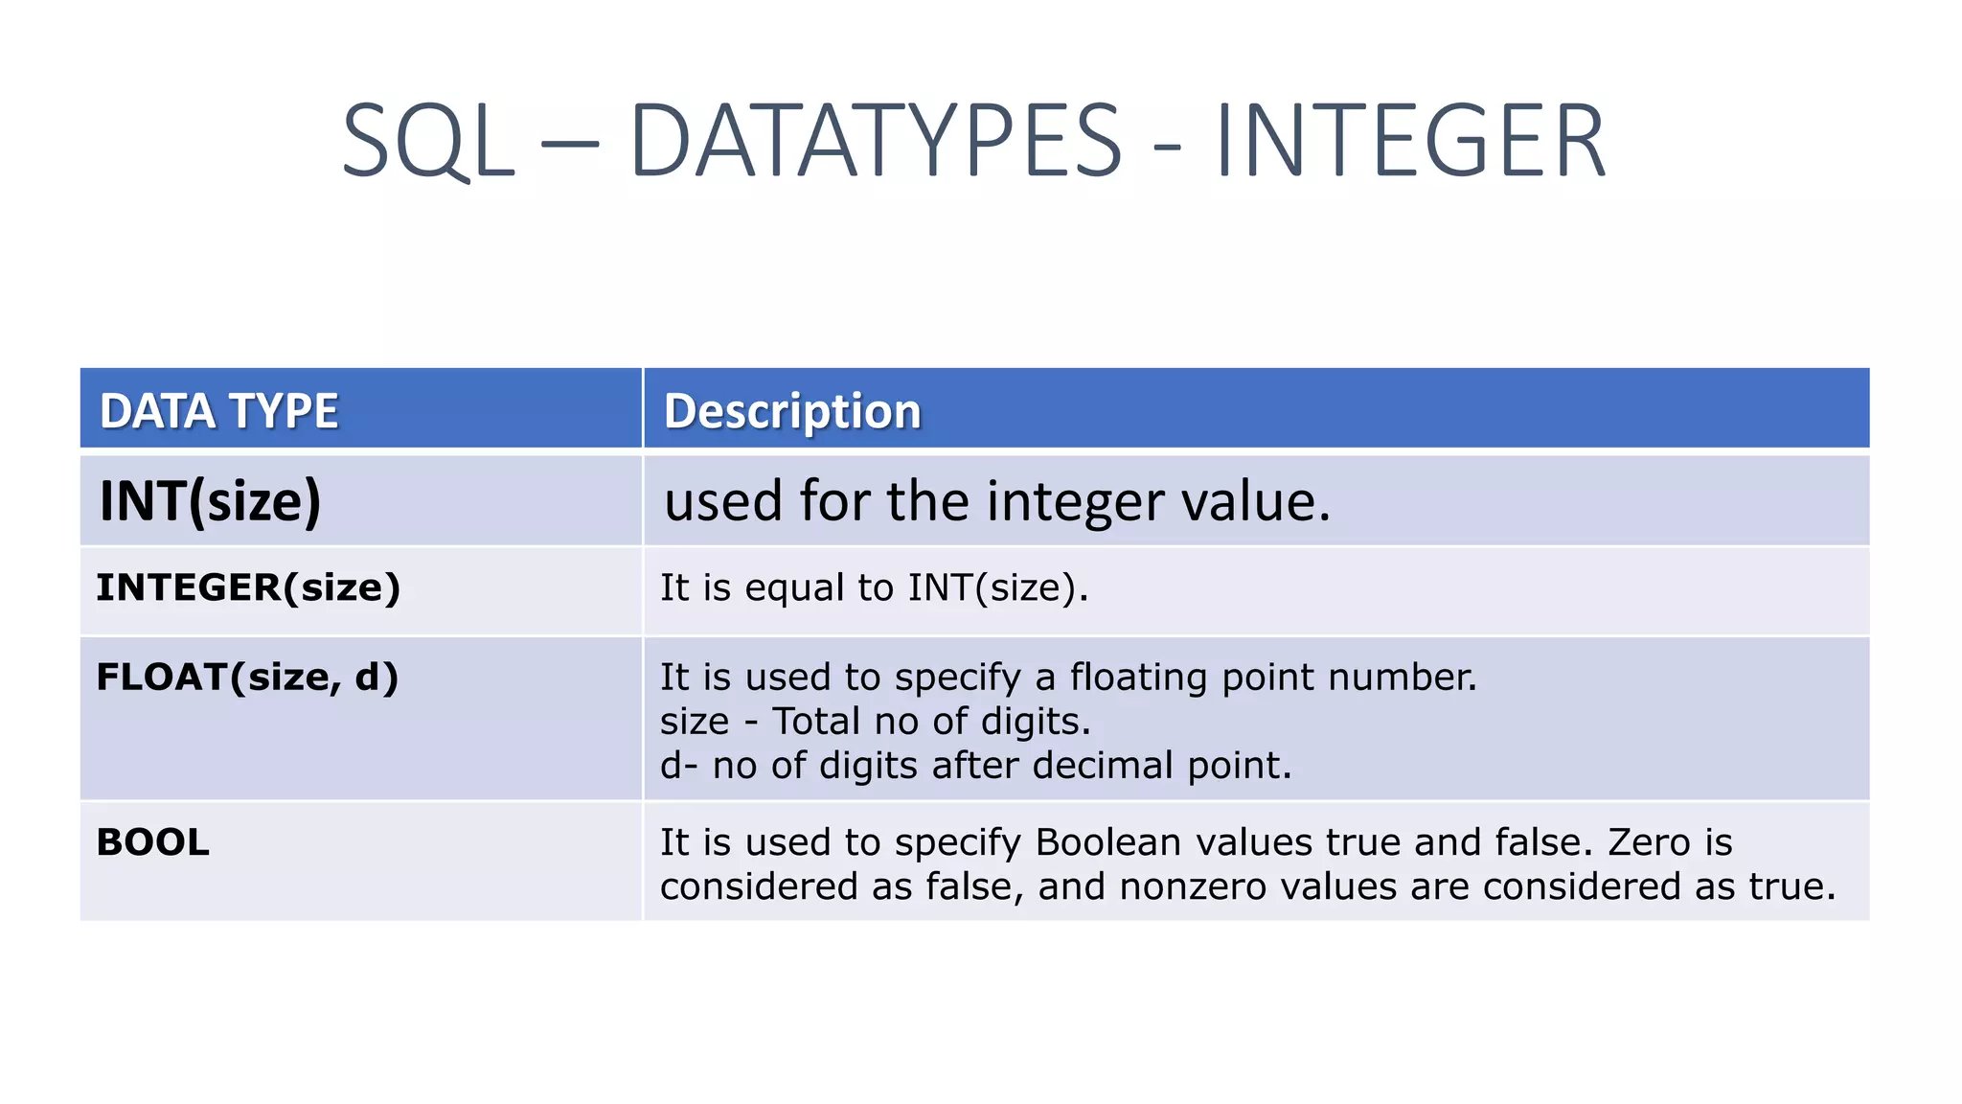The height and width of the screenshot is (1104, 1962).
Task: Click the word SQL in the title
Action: [428, 142]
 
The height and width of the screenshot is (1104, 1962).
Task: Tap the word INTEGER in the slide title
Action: [1410, 142]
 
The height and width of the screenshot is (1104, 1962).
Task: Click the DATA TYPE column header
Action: [219, 411]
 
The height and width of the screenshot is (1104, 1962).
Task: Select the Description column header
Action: [792, 411]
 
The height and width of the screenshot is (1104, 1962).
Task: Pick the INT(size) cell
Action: [211, 501]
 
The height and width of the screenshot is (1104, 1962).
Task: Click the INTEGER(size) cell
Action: [248, 587]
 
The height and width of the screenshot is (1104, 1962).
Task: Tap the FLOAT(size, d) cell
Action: [247, 678]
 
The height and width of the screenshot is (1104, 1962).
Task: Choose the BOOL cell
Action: [153, 842]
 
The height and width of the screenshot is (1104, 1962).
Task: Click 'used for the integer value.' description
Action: [997, 501]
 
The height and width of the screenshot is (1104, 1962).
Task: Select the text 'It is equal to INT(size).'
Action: [874, 587]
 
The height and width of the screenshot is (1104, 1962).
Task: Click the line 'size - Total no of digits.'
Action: [876, 721]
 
